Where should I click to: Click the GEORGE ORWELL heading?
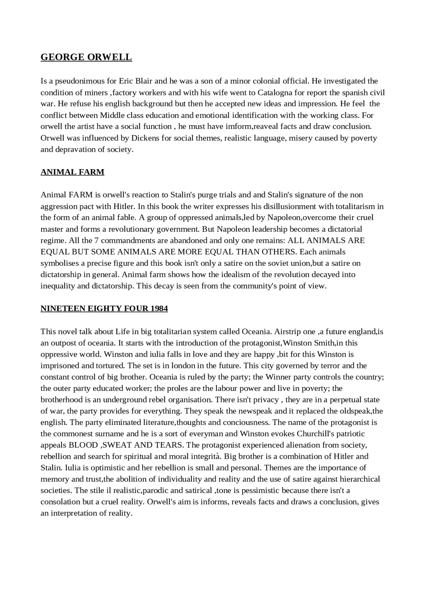(x=86, y=57)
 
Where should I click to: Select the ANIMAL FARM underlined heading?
(x=72, y=172)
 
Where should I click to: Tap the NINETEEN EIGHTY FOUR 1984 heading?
(x=104, y=309)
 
